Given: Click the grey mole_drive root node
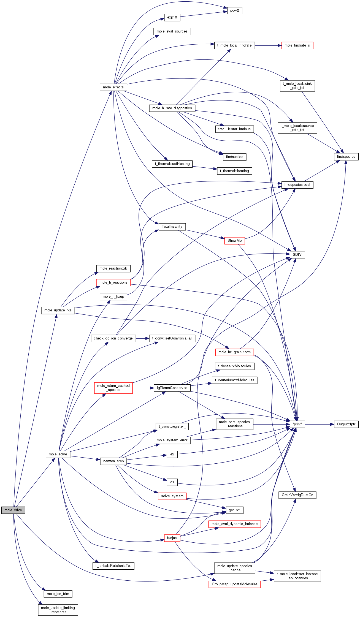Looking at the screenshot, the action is click(x=13, y=510).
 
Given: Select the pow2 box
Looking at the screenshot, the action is click(x=234, y=10).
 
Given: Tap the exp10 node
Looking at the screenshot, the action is click(x=172, y=17).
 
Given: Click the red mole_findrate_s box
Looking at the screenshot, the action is click(x=297, y=45).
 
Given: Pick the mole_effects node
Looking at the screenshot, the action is click(x=113, y=87).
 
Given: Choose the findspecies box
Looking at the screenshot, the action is click(x=346, y=157).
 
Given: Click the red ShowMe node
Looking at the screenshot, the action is click(x=234, y=241).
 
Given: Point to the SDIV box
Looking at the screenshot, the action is click(x=297, y=255).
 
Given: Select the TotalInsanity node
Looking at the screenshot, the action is click(x=172, y=227).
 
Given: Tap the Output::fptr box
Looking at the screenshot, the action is click(x=346, y=424).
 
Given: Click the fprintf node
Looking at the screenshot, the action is click(x=297, y=424).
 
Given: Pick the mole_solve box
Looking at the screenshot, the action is click(x=58, y=454).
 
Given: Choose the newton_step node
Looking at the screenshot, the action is click(x=113, y=461).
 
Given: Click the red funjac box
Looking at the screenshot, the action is click(x=172, y=538).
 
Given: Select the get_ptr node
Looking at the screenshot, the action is click(x=234, y=510).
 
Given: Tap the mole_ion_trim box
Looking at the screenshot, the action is click(x=58, y=594).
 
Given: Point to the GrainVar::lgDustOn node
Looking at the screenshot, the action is click(x=297, y=495).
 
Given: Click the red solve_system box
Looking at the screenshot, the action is click(x=172, y=496).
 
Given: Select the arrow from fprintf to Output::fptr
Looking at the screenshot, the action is click(x=320, y=424).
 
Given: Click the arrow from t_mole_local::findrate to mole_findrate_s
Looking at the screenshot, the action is click(x=268, y=45).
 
